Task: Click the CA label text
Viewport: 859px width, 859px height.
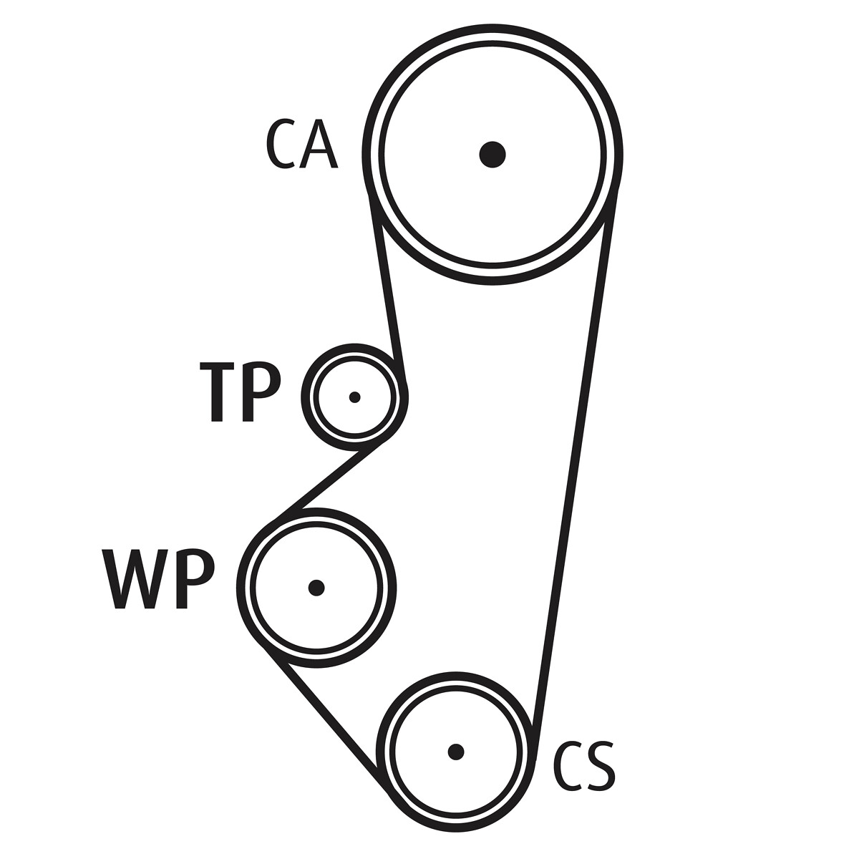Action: tap(301, 144)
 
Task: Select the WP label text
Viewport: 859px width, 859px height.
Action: tap(158, 579)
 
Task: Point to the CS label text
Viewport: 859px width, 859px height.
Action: tap(584, 766)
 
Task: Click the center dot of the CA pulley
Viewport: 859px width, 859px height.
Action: tap(492, 154)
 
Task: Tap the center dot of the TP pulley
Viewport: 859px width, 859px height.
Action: tap(354, 397)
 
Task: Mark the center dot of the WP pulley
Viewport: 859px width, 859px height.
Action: tap(316, 588)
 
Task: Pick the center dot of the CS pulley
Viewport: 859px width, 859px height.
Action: tap(456, 752)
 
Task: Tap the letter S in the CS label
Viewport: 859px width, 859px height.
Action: tap(600, 766)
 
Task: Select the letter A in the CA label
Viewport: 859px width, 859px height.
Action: tap(319, 144)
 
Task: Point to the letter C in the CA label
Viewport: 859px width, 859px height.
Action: tap(281, 144)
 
